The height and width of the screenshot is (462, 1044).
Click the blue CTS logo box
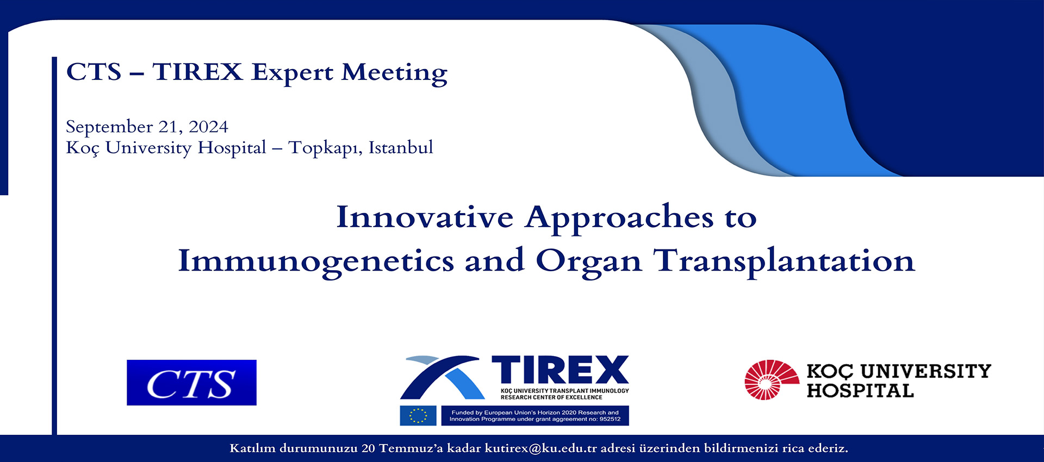(191, 383)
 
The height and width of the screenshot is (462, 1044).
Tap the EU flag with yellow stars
(418, 416)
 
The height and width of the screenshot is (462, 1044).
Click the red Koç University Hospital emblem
(772, 380)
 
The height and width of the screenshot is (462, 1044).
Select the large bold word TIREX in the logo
(561, 371)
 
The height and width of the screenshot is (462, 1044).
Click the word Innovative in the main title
(425, 217)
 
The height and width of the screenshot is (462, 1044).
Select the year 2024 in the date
(208, 127)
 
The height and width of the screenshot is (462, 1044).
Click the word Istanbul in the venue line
(401, 147)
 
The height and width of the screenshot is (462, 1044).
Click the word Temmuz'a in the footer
(411, 448)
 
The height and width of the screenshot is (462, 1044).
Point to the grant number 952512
(610, 419)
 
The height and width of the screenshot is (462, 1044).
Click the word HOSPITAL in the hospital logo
(860, 391)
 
